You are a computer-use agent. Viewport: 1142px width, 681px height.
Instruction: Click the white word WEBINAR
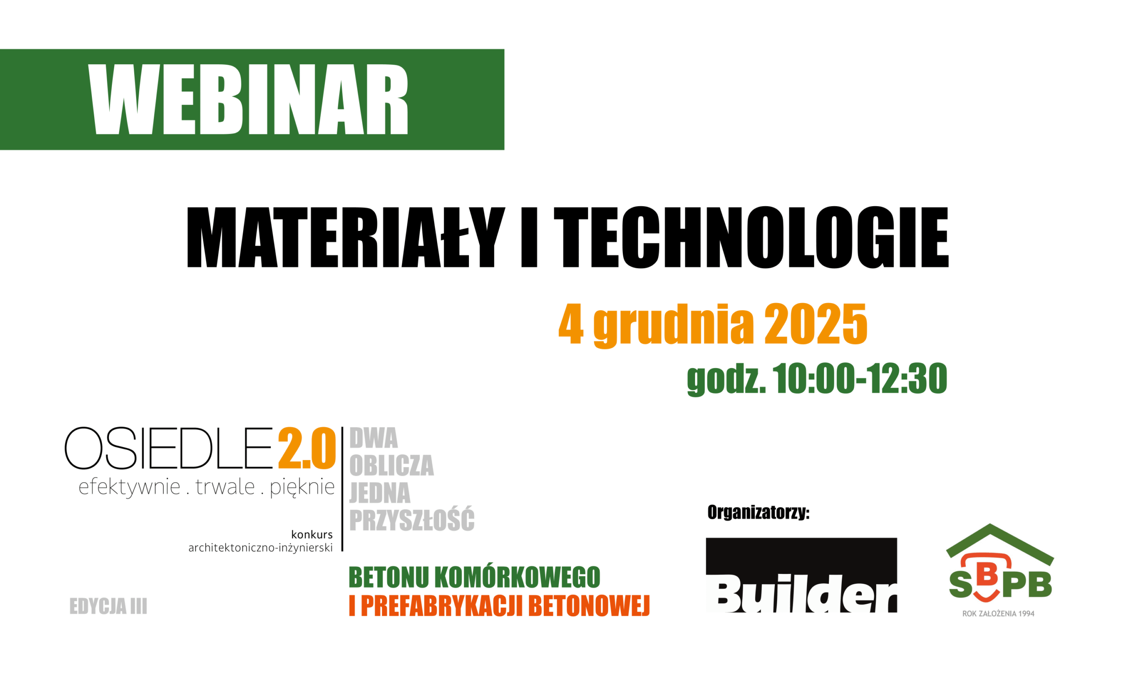click(x=248, y=99)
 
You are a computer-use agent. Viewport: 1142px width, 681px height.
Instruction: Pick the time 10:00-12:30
click(x=860, y=379)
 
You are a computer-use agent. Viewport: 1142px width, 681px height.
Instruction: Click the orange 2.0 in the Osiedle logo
click(x=307, y=449)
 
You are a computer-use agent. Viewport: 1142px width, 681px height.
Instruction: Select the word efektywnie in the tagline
click(x=129, y=487)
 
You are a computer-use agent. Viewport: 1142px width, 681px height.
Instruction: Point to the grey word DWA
click(x=374, y=438)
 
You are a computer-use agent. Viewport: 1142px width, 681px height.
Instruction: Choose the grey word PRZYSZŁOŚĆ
click(x=412, y=520)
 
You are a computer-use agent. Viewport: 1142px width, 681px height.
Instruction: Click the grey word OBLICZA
click(x=391, y=466)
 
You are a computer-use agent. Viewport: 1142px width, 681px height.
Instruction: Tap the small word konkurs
click(x=312, y=535)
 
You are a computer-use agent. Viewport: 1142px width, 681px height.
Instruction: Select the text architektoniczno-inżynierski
click(x=261, y=548)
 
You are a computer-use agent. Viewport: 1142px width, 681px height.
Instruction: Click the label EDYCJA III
click(x=108, y=606)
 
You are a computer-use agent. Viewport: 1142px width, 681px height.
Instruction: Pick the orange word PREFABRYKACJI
click(x=442, y=606)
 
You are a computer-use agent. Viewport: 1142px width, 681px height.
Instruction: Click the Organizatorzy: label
click(x=758, y=513)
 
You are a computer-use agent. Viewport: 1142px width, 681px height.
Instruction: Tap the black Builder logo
click(x=801, y=575)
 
